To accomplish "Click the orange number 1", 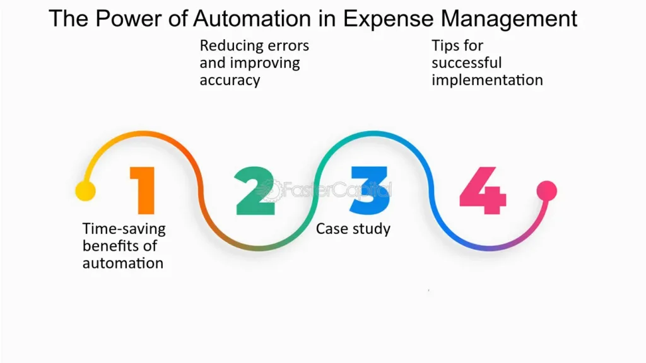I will [x=143, y=190].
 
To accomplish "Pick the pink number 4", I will [x=483, y=190].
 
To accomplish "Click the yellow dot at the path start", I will [x=85, y=190].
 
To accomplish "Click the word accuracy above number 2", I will [x=230, y=80].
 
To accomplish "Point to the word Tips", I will [x=447, y=46].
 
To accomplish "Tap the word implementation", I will [x=487, y=80].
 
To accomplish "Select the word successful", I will [x=467, y=63].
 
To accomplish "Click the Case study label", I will [x=353, y=229].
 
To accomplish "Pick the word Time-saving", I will [x=124, y=229].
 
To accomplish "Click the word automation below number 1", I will [x=122, y=263].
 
